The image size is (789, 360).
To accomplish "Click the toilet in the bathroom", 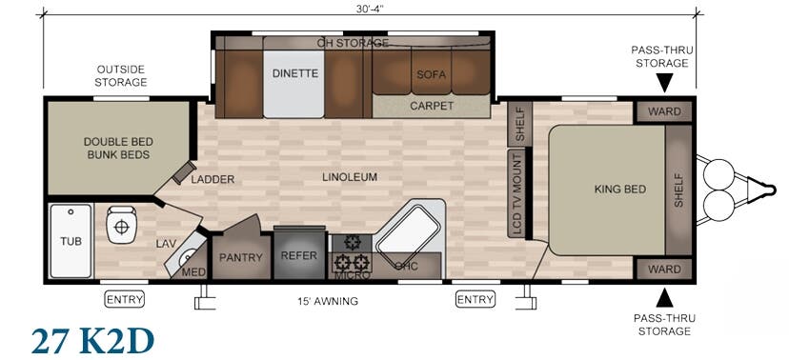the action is (x=121, y=225).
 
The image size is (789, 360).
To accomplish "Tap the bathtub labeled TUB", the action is (x=71, y=241).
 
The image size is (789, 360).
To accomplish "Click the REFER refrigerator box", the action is (x=299, y=254).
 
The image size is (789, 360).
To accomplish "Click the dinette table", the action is (x=294, y=84).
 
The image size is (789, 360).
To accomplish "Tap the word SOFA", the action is (x=432, y=74).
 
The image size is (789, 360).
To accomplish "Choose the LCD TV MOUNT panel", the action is (x=516, y=193).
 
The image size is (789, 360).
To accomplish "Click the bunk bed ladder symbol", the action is (x=184, y=173).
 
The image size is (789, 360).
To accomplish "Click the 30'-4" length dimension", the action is (x=370, y=8).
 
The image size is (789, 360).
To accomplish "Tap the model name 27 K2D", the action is (x=92, y=341).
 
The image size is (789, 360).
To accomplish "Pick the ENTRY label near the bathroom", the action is (x=124, y=299).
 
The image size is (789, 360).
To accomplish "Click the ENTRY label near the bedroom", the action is (x=475, y=300).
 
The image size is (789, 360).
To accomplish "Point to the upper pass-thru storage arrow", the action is (x=664, y=83).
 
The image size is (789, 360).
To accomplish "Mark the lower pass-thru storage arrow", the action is (x=664, y=298).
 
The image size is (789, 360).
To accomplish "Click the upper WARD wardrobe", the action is (x=664, y=111).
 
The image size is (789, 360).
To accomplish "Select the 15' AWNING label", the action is (x=328, y=302).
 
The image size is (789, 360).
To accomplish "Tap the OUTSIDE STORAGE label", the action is (x=121, y=75).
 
